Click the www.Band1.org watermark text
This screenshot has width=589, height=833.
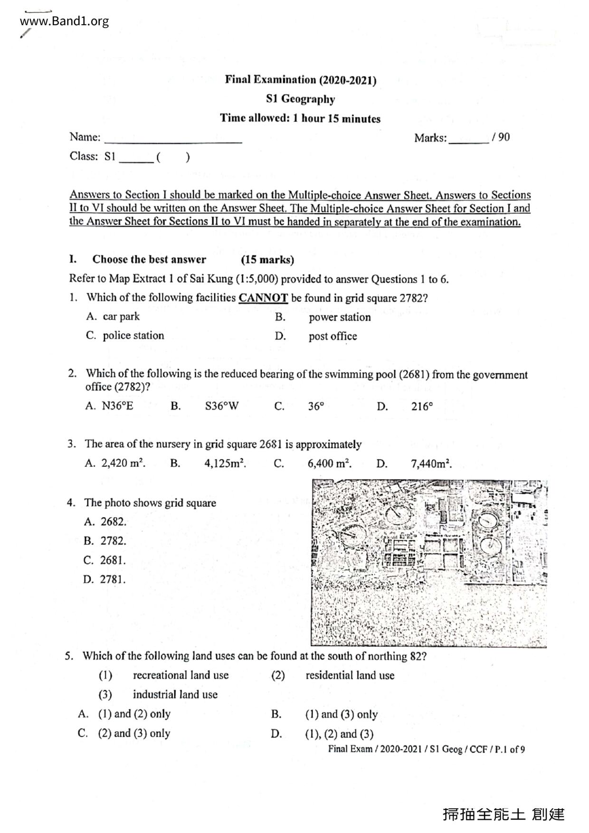(65, 21)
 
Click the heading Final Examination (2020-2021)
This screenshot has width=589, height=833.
(300, 80)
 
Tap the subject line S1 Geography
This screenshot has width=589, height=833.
(300, 99)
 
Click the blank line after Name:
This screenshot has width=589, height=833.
(173, 139)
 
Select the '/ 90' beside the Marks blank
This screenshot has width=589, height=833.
(501, 138)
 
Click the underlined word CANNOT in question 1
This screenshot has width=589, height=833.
(263, 298)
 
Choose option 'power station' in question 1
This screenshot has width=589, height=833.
(340, 317)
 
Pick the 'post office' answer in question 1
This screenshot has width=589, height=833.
(332, 336)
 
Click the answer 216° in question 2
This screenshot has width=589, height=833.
(422, 407)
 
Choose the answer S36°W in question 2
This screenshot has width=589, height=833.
(222, 406)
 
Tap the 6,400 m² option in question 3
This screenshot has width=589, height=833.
(329, 464)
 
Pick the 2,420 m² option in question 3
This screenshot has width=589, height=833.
(123, 464)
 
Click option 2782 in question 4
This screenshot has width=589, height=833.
(113, 541)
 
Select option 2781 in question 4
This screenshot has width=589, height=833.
(113, 579)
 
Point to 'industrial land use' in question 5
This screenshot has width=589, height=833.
(175, 695)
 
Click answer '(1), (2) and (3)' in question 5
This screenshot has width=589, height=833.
(339, 734)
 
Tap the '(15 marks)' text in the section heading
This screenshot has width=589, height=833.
(267, 260)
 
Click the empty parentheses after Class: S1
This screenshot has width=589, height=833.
(173, 157)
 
